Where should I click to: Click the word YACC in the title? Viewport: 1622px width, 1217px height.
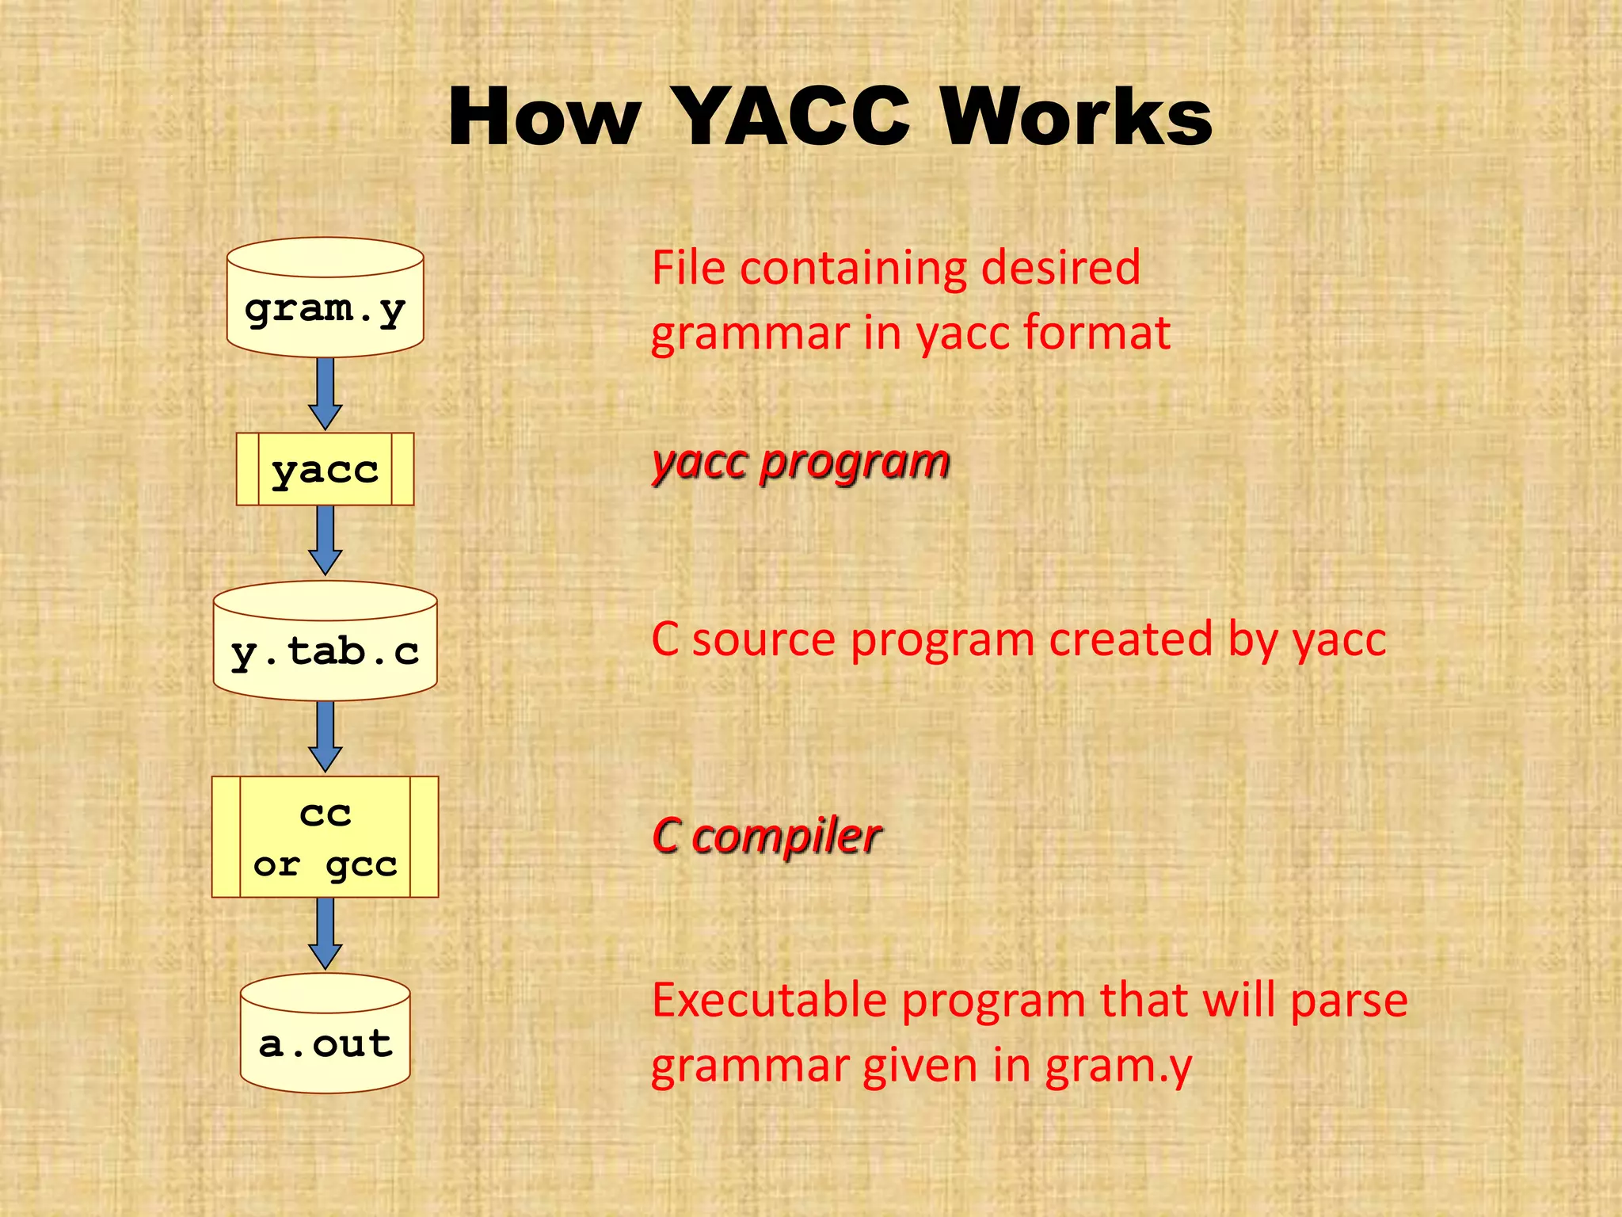(x=793, y=117)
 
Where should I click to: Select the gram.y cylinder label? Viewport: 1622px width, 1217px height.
(x=325, y=309)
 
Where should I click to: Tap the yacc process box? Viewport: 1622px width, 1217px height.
(x=325, y=470)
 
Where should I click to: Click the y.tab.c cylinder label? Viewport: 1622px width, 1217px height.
(x=325, y=652)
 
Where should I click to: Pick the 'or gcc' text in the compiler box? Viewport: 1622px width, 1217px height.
(x=325, y=864)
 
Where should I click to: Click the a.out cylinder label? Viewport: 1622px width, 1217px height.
(x=325, y=1043)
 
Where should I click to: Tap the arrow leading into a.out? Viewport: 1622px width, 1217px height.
(x=325, y=933)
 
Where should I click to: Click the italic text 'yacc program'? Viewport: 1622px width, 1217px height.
(x=800, y=462)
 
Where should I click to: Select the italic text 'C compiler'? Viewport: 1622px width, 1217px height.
(x=766, y=836)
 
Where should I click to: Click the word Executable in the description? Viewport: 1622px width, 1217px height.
(x=769, y=1000)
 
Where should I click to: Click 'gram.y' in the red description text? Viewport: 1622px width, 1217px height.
(x=1118, y=1066)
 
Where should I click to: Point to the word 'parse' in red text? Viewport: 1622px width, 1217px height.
(x=1349, y=1001)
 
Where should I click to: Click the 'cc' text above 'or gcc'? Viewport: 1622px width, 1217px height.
(x=325, y=814)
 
